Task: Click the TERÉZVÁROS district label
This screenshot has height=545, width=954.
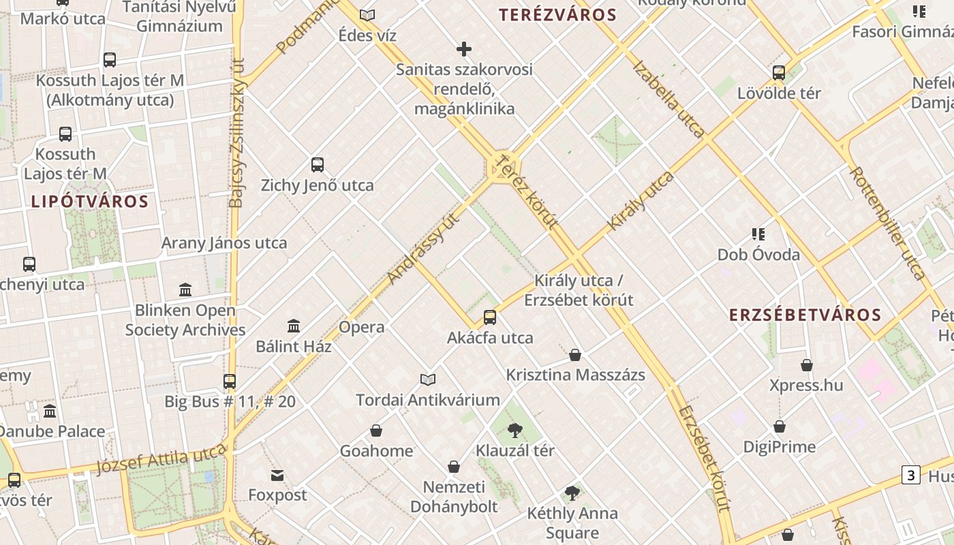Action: pyautogui.click(x=557, y=15)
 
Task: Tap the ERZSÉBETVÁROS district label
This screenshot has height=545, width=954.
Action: pyautogui.click(x=805, y=315)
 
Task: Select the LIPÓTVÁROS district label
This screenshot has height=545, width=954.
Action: pyautogui.click(x=89, y=202)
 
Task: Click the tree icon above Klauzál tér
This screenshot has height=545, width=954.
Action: pyautogui.click(x=515, y=430)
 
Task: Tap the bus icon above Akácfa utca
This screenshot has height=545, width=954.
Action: pyautogui.click(x=490, y=317)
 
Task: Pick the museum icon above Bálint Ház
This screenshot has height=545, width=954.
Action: pyautogui.click(x=294, y=326)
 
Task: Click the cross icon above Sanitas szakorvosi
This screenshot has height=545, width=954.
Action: pyautogui.click(x=464, y=49)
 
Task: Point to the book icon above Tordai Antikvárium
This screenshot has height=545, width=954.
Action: pyautogui.click(x=428, y=379)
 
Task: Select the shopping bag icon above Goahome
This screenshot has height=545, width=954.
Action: pyautogui.click(x=376, y=431)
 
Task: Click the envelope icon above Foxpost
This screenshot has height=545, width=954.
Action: pyautogui.click(x=277, y=475)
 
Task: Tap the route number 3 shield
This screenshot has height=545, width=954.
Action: pyautogui.click(x=911, y=475)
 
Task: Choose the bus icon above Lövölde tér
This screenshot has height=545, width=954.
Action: pyautogui.click(x=779, y=72)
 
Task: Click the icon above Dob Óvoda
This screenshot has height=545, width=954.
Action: pyautogui.click(x=758, y=234)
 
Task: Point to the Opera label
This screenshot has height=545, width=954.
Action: pyautogui.click(x=362, y=327)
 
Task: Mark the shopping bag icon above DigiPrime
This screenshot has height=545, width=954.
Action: pyautogui.click(x=780, y=426)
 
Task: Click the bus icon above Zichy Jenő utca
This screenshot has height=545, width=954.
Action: pyautogui.click(x=318, y=164)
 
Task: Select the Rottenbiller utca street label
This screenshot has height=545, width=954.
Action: pyautogui.click(x=887, y=223)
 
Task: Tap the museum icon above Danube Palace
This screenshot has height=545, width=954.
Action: pyautogui.click(x=50, y=411)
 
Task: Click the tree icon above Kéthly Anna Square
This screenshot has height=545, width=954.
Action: pyautogui.click(x=572, y=493)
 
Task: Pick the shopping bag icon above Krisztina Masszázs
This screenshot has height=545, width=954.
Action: pyautogui.click(x=575, y=354)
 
